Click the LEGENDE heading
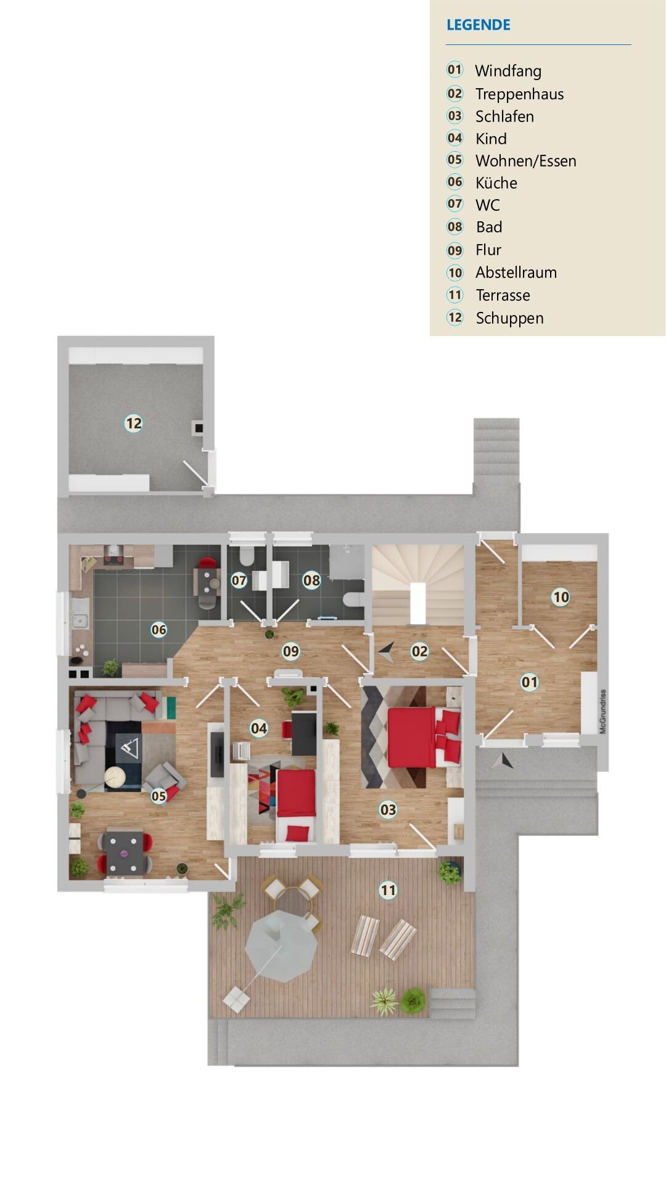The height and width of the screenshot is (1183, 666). [x=478, y=25]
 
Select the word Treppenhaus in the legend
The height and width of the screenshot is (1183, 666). [x=519, y=94]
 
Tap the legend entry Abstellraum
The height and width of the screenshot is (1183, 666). [x=516, y=272]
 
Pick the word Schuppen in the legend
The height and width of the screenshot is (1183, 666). [x=509, y=318]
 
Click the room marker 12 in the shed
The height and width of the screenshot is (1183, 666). [x=133, y=424]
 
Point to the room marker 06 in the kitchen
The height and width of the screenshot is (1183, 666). [x=158, y=629]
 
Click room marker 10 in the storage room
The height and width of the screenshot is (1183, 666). [x=561, y=597]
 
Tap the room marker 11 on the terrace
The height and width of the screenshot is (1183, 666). [x=387, y=890]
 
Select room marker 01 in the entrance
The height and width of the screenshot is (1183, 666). [x=529, y=682]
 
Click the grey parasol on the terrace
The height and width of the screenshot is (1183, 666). [x=282, y=947]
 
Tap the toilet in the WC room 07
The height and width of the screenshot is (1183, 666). [x=246, y=556]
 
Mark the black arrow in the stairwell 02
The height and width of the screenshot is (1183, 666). [x=387, y=652]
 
